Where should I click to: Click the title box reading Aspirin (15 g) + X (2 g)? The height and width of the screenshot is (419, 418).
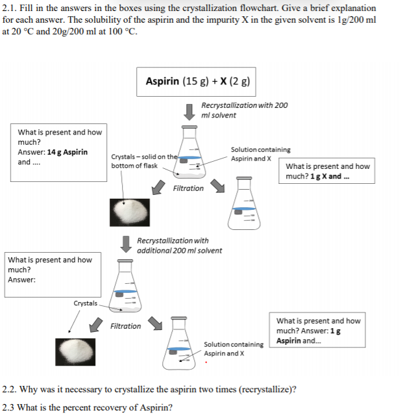(197, 82)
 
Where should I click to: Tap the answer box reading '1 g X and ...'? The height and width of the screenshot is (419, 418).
(329, 171)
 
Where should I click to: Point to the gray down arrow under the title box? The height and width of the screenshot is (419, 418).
(190, 111)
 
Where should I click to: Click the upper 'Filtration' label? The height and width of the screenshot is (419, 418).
(188, 188)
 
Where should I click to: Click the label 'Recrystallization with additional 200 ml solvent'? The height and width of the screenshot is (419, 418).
(179, 246)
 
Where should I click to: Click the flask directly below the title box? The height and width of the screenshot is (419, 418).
(189, 151)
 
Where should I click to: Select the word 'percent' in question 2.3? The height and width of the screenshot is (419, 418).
(94, 408)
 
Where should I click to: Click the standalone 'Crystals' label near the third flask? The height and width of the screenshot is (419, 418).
(85, 303)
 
